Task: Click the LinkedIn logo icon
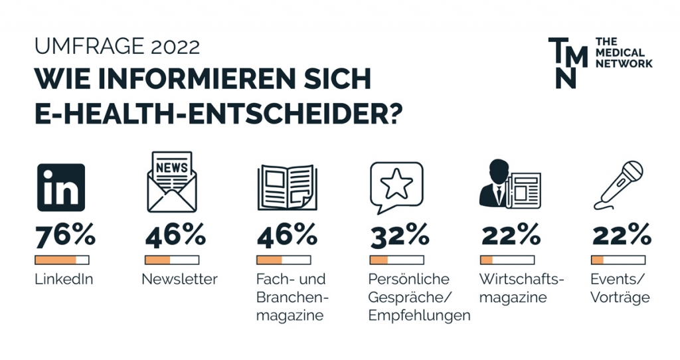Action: (x=61, y=187)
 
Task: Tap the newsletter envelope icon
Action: (x=172, y=182)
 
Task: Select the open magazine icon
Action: (x=287, y=187)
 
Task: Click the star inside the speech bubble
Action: (x=396, y=183)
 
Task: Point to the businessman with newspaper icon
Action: (x=510, y=185)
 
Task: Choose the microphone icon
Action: (x=618, y=185)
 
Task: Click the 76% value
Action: (x=65, y=236)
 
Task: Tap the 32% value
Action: (x=399, y=236)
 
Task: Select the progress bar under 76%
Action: (x=62, y=260)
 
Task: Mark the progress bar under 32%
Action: (x=397, y=260)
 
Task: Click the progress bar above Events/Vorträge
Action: (x=618, y=260)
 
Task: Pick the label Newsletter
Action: (x=179, y=279)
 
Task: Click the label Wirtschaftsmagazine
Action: (x=522, y=288)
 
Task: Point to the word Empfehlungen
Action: (x=420, y=315)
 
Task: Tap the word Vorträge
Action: (x=620, y=298)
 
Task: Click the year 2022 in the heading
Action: (x=175, y=46)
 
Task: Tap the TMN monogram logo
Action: (x=568, y=62)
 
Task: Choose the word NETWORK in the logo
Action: (x=624, y=63)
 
